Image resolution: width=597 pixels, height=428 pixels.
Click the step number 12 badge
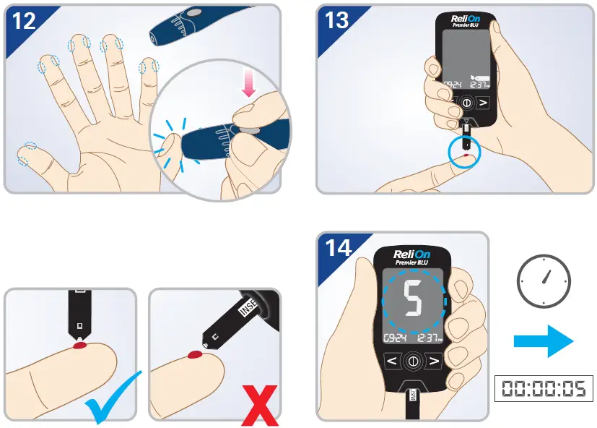point(24,21)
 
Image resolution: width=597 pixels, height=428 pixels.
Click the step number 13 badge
point(337,20)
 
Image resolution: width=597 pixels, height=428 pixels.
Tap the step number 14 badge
point(338,247)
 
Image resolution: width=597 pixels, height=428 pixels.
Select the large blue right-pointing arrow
point(543,340)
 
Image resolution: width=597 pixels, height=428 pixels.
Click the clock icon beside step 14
point(544,280)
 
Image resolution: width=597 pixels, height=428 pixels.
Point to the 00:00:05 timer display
point(544,389)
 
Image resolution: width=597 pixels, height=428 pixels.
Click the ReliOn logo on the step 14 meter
point(412,254)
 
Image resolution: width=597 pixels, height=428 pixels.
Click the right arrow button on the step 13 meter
point(483,102)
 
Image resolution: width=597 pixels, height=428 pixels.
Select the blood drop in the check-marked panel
point(79,347)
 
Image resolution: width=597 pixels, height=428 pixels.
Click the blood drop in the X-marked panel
point(196,354)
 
